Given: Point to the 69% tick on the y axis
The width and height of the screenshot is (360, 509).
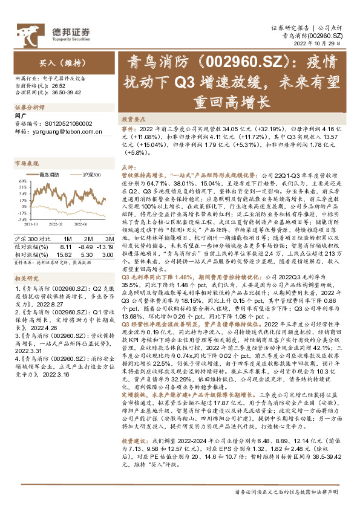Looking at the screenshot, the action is point(21,180).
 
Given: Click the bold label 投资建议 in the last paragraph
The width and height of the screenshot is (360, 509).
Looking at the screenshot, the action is point(133,441).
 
